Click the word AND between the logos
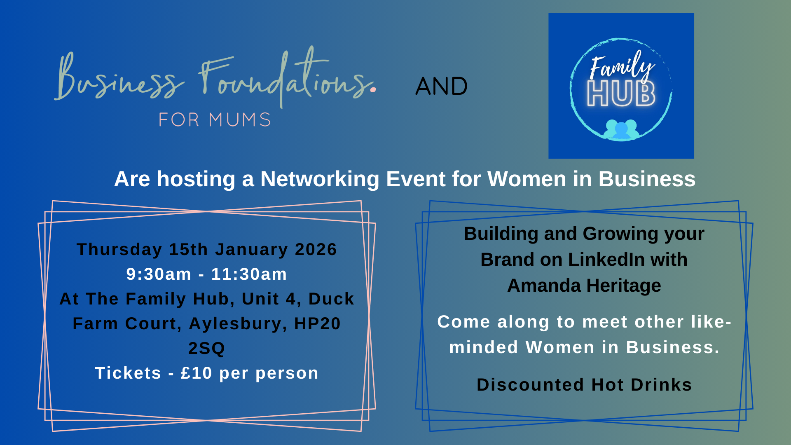(441, 86)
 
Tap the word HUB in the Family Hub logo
(621, 94)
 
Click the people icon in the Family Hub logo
(621, 129)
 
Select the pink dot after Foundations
(373, 89)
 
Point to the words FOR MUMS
(215, 120)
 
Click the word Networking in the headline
(320, 179)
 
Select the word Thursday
(119, 250)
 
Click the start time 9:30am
(159, 274)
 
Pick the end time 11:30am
(249, 274)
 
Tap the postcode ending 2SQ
(206, 349)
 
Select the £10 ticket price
(196, 373)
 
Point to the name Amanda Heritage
(584, 286)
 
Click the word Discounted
(530, 385)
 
